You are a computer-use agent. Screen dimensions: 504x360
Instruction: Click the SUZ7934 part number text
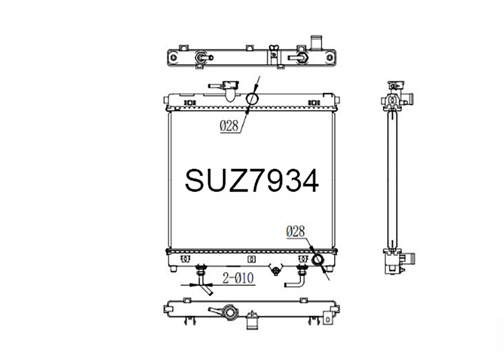[252, 181]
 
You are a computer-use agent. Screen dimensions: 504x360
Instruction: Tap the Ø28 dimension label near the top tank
[229, 125]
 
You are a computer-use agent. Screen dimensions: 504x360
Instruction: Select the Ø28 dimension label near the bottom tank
[296, 231]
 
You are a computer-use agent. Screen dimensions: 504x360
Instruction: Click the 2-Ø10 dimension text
[238, 278]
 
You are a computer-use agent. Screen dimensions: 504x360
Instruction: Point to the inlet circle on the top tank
[252, 98]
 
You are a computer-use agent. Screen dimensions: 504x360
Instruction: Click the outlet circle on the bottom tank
[318, 260]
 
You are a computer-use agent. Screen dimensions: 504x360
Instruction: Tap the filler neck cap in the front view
[230, 85]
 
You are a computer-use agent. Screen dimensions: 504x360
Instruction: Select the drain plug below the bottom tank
[276, 271]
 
